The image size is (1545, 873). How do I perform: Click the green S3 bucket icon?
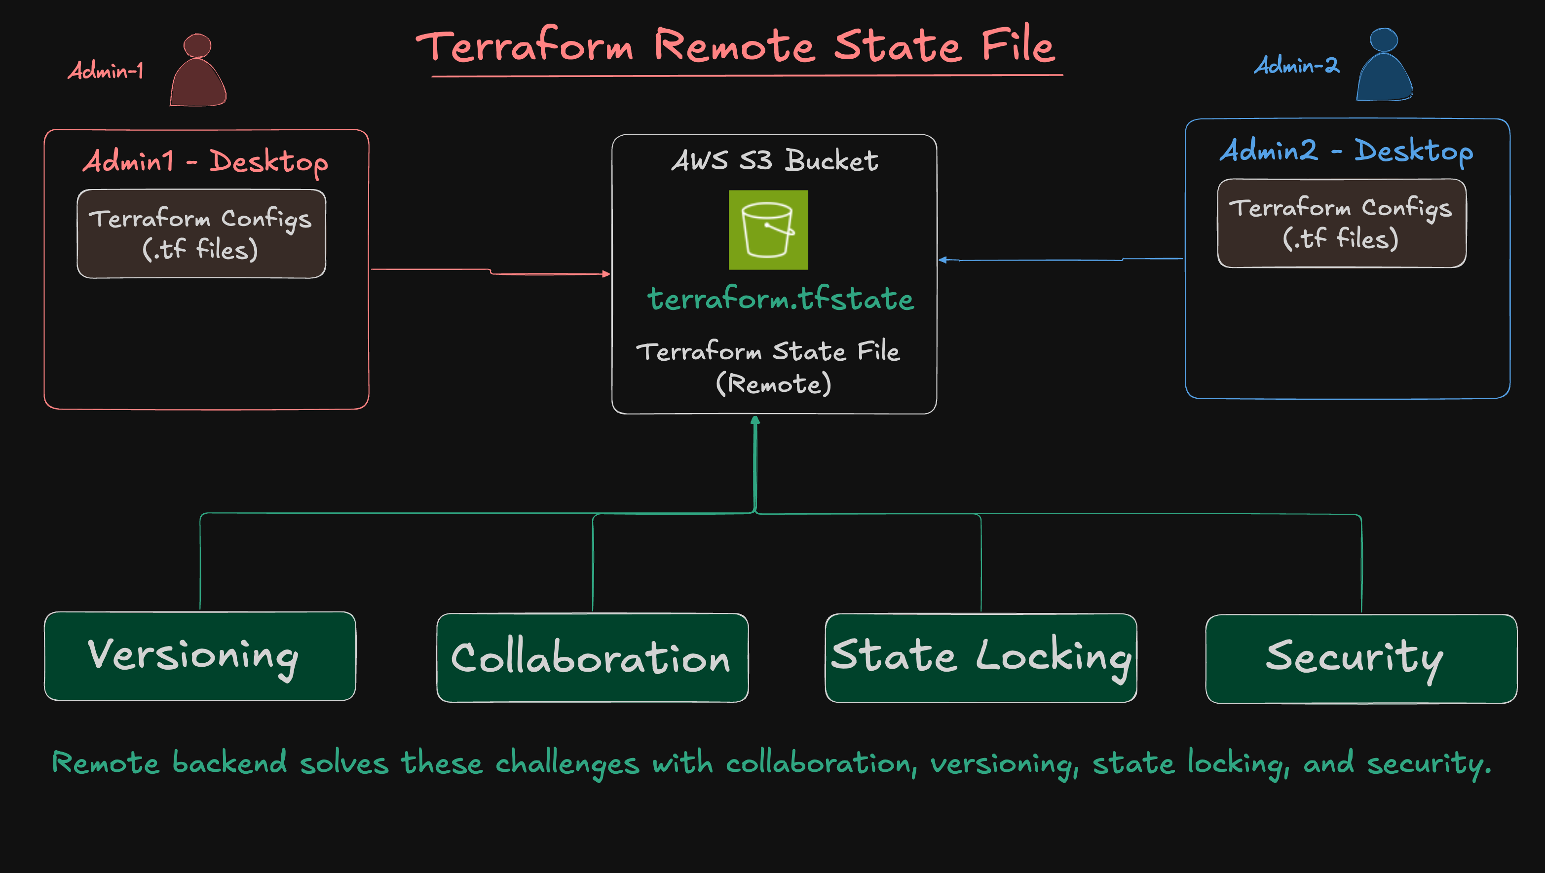pos(768,230)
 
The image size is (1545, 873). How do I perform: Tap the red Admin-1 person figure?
pos(198,72)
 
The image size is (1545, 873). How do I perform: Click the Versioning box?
pos(200,656)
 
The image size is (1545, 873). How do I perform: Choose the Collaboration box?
pos(592,658)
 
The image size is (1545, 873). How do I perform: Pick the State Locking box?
pos(980,658)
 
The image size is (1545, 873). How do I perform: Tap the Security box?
pos(1361,658)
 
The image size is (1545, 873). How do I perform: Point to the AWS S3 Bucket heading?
pos(774,160)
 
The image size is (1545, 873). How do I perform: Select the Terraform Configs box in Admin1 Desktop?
pos(201,233)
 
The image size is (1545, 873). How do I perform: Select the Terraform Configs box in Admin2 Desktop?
pos(1341,223)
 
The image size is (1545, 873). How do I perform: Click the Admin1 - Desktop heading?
pos(205,161)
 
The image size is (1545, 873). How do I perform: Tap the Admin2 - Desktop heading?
pos(1347,151)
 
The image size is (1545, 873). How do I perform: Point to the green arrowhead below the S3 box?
pos(755,420)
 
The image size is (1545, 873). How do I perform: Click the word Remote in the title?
pos(734,46)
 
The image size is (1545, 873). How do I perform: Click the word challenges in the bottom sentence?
pos(567,763)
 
